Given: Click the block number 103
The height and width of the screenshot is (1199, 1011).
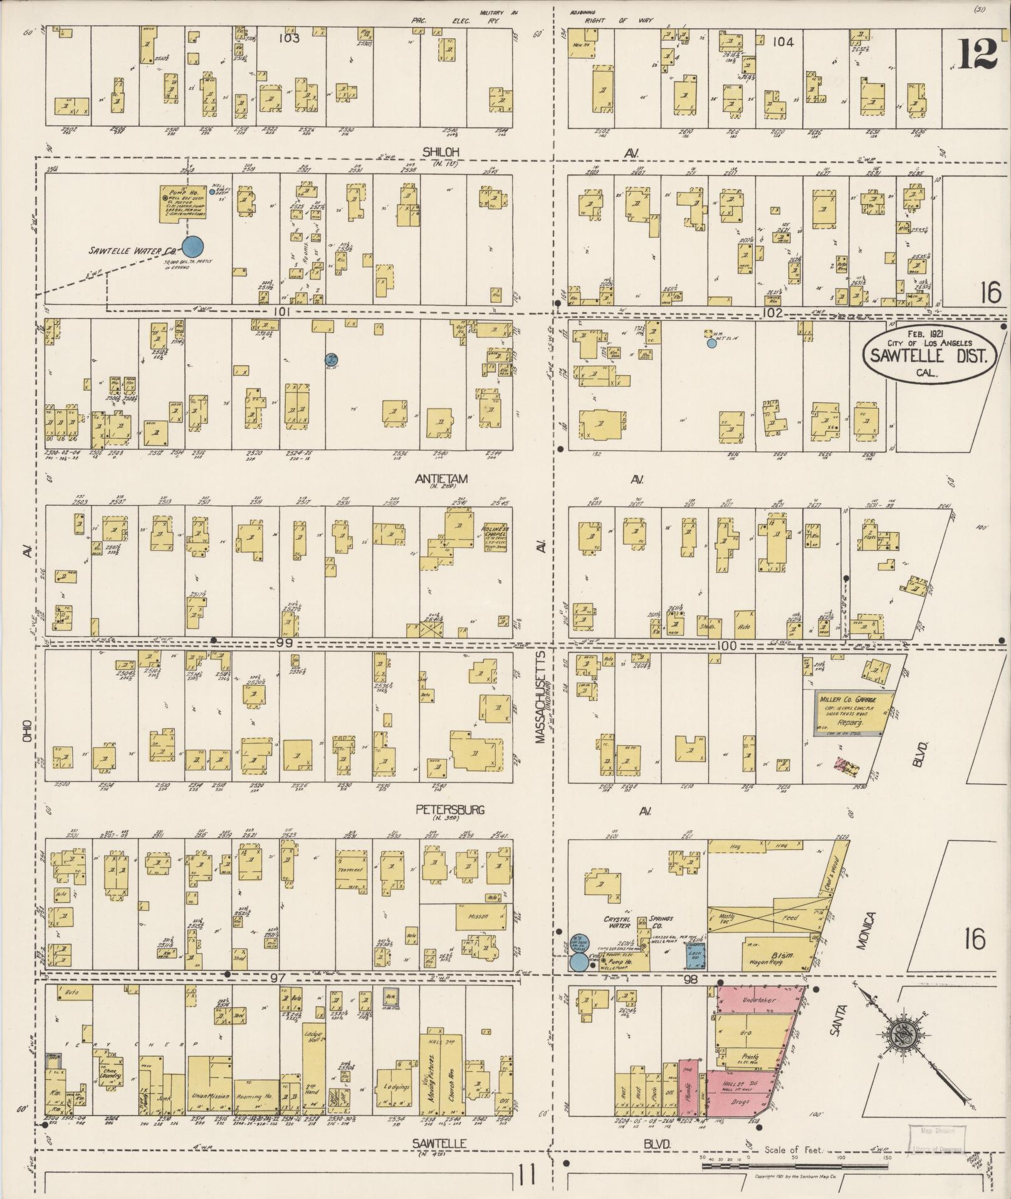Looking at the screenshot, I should click(290, 38).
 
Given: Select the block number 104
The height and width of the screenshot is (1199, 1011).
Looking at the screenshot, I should click(783, 42).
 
